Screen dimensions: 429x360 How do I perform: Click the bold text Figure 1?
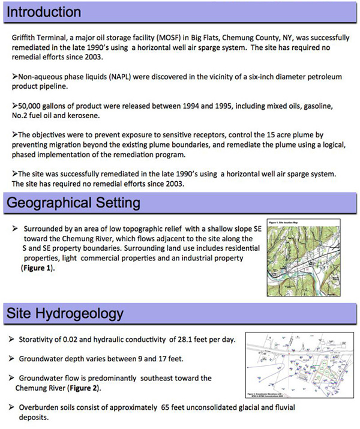click(x=37, y=268)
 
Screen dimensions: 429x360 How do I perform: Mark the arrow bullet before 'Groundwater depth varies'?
click(x=13, y=359)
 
